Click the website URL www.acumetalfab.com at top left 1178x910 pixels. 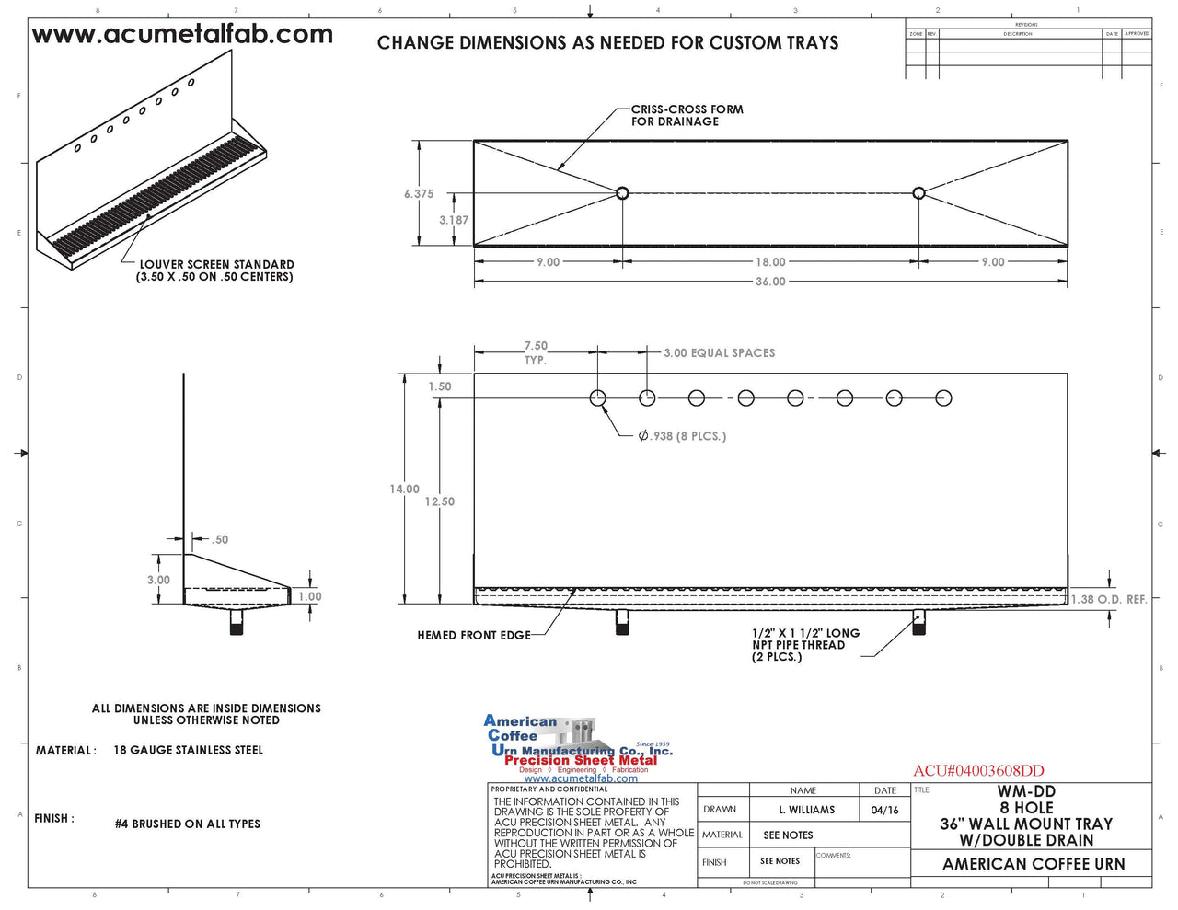(182, 35)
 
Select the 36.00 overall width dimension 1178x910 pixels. (770, 282)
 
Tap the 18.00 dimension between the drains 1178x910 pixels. (770, 262)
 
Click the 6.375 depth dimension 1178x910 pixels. (418, 194)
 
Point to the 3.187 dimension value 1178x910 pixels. (453, 220)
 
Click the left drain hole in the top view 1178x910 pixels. (622, 193)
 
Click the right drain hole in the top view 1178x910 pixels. (918, 193)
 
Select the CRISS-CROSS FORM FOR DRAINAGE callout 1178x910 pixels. (687, 115)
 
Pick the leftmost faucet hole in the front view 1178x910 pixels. (598, 398)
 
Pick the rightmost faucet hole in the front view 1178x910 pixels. (943, 398)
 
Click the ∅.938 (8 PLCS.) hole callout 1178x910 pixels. (682, 436)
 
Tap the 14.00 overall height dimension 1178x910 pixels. (404, 490)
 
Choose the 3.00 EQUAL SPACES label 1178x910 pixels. (719, 353)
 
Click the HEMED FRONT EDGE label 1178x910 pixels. (473, 635)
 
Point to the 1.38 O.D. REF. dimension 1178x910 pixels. (1109, 600)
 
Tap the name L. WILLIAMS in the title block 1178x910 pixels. (806, 810)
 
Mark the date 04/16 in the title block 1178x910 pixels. (884, 810)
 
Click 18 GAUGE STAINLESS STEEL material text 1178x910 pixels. (188, 751)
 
